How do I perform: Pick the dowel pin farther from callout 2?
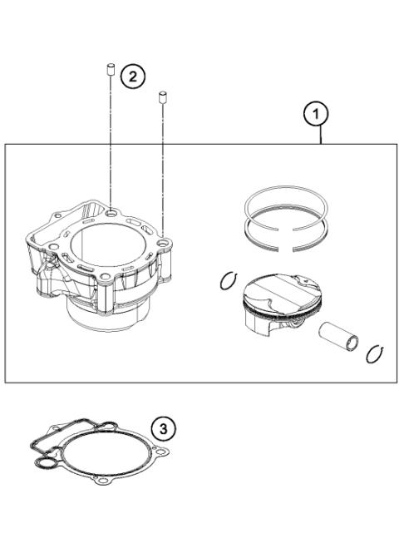164,97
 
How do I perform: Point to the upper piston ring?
282,204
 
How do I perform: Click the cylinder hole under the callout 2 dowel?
111,213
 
